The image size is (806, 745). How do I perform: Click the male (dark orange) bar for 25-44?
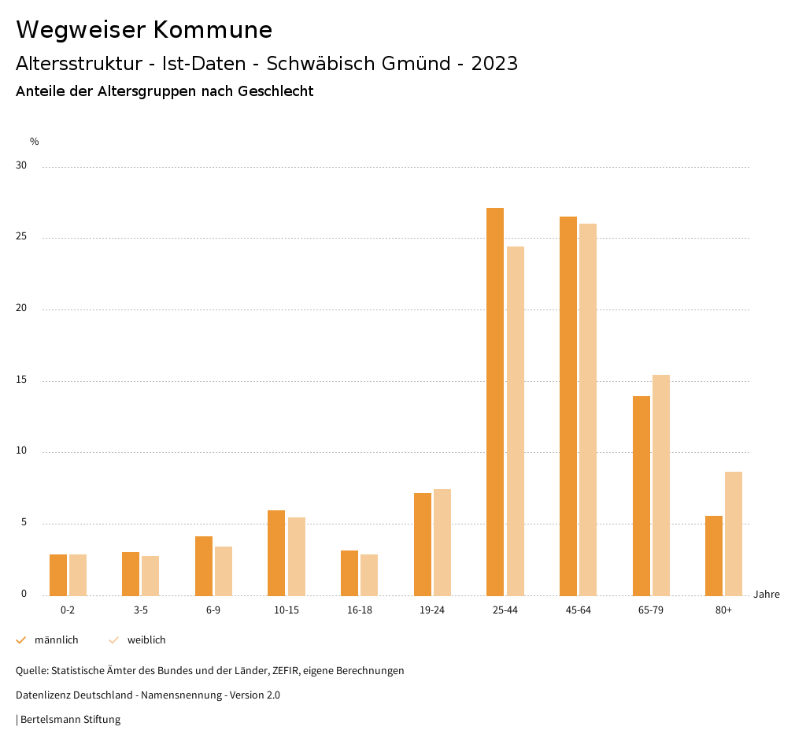(495, 402)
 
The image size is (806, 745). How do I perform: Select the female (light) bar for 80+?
(734, 533)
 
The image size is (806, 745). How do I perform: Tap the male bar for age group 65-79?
(641, 495)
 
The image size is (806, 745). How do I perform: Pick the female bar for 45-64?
(588, 410)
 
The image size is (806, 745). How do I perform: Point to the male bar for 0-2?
(58, 575)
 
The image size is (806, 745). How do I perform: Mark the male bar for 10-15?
(276, 553)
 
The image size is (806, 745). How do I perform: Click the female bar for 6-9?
(224, 571)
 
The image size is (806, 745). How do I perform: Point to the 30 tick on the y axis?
(21, 166)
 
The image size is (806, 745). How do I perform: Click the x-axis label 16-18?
(359, 610)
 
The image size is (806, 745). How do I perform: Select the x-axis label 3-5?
(140, 610)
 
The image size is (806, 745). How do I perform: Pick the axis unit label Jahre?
(767, 595)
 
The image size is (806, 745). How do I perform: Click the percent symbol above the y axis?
(35, 142)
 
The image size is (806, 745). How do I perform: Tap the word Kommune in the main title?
(213, 30)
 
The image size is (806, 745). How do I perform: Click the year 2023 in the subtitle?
(494, 64)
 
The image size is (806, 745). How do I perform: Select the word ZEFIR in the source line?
(287, 671)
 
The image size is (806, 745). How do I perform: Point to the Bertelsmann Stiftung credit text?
(70, 720)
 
